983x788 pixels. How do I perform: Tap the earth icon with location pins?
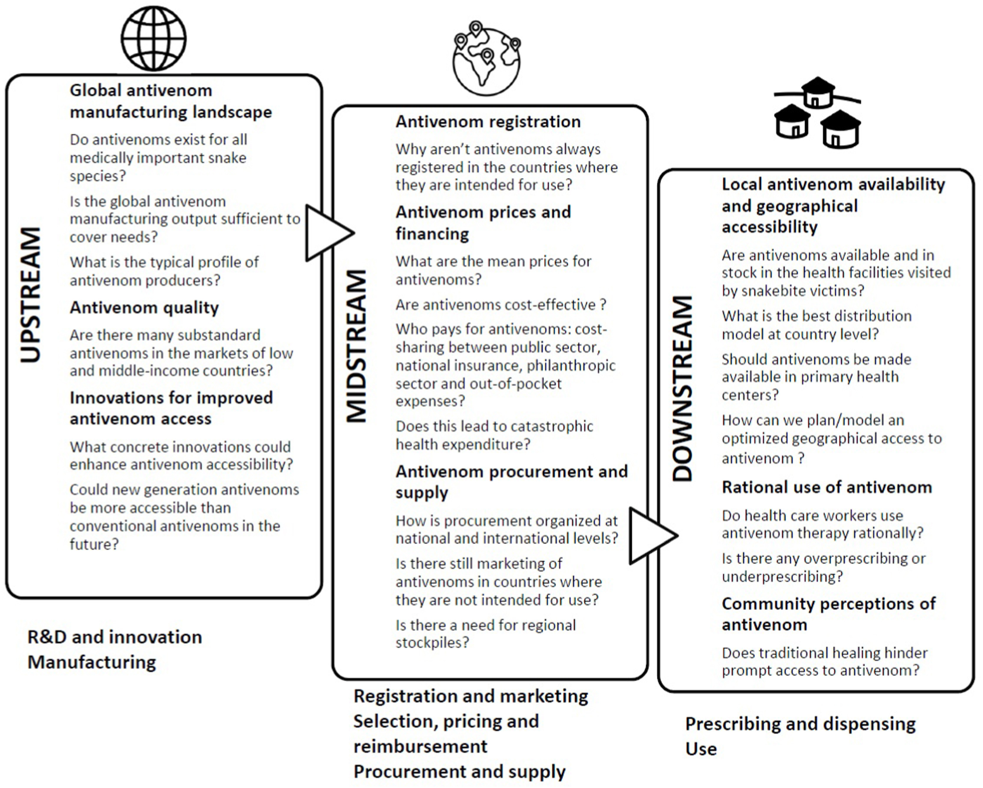click(x=486, y=59)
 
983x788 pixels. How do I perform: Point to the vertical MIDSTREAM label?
click(x=357, y=346)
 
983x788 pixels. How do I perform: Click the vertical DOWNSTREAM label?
click(x=683, y=389)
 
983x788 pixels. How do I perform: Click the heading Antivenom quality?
click(x=144, y=308)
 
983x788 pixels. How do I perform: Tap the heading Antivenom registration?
click(x=488, y=122)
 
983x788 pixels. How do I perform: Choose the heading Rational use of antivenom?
click(x=827, y=487)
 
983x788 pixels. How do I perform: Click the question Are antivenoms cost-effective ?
click(x=500, y=305)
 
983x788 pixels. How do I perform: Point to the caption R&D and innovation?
click(x=114, y=637)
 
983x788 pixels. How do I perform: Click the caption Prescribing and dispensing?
click(x=800, y=724)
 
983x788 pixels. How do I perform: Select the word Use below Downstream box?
click(x=701, y=749)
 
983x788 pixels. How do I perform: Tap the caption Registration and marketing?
click(x=471, y=696)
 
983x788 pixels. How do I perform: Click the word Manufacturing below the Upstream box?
click(x=91, y=662)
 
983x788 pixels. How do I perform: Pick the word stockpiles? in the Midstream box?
click(x=432, y=643)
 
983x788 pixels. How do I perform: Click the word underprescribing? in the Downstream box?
click(x=782, y=577)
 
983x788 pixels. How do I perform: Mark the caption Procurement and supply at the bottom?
click(x=459, y=772)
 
